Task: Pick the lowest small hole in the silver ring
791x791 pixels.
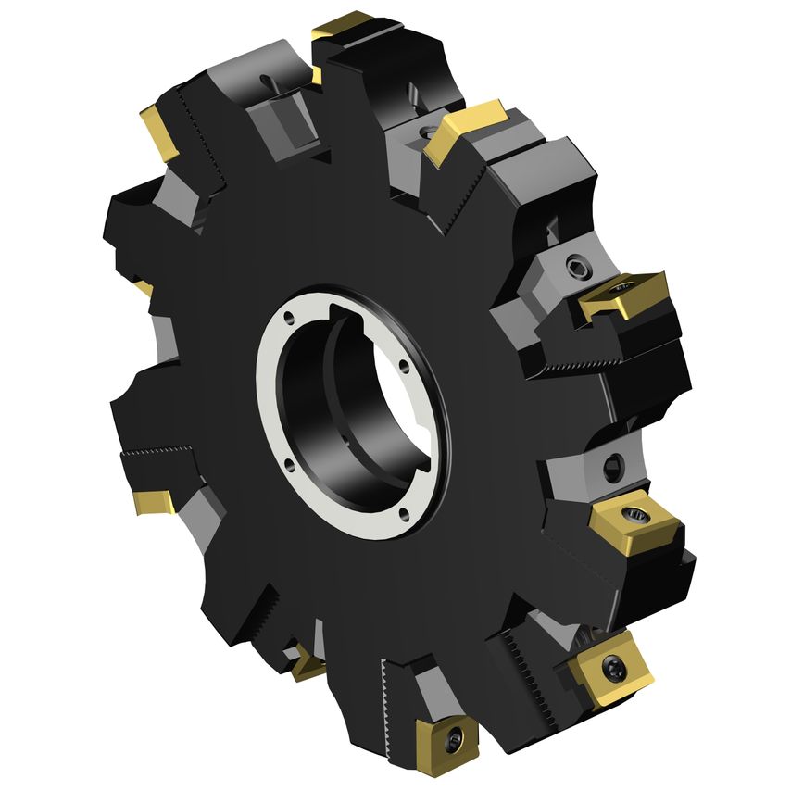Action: [405, 512]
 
